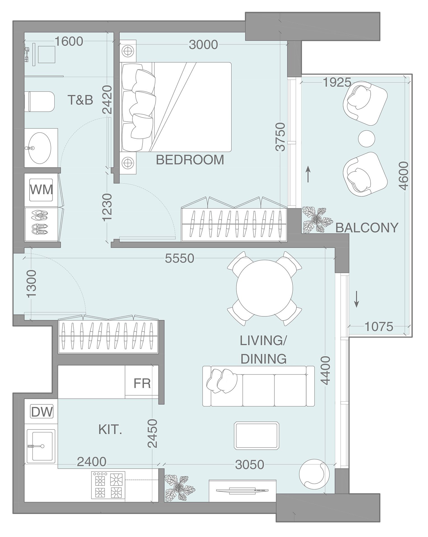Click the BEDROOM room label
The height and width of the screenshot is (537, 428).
pyautogui.click(x=190, y=160)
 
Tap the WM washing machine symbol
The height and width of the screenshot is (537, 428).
pyautogui.click(x=41, y=190)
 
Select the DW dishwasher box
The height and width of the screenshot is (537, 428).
pyautogui.click(x=42, y=412)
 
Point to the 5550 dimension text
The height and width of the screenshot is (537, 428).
pyautogui.click(x=179, y=259)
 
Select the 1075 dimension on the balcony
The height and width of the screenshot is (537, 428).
pyautogui.click(x=379, y=326)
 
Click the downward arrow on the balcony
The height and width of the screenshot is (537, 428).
pyautogui.click(x=357, y=299)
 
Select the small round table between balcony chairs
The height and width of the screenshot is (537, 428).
pyautogui.click(x=367, y=138)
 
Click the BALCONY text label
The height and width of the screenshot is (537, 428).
pyautogui.click(x=366, y=228)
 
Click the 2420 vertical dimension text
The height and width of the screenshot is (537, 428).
pyautogui.click(x=107, y=100)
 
